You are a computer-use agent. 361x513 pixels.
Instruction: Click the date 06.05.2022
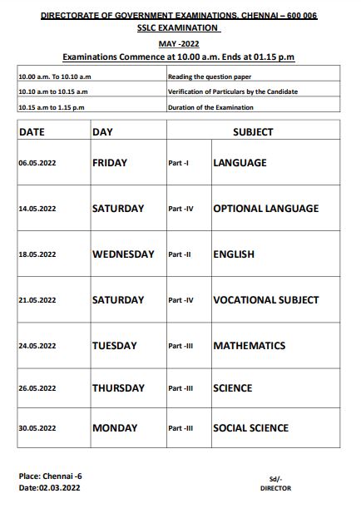(37, 164)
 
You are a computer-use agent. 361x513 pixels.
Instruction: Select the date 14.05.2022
(37, 210)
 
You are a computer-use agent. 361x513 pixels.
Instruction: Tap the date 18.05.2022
(37, 255)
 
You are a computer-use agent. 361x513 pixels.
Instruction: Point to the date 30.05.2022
(37, 429)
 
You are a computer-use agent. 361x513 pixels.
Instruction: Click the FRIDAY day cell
(110, 163)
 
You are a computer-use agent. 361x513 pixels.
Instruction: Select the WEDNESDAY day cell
(123, 254)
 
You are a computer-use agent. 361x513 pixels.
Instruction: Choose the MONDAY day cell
(115, 428)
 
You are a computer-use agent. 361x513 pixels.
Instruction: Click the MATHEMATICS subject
(249, 346)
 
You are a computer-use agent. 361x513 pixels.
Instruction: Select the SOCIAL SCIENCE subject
(250, 428)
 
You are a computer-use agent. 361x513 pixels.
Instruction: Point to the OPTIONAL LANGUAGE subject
(265, 209)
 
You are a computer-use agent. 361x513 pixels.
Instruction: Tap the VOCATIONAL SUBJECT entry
(265, 300)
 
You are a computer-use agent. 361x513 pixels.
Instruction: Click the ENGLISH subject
(233, 254)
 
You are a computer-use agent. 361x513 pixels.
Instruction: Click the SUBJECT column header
(253, 132)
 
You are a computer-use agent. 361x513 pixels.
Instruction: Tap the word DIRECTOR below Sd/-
(276, 489)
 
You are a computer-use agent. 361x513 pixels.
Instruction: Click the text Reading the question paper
(210, 76)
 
